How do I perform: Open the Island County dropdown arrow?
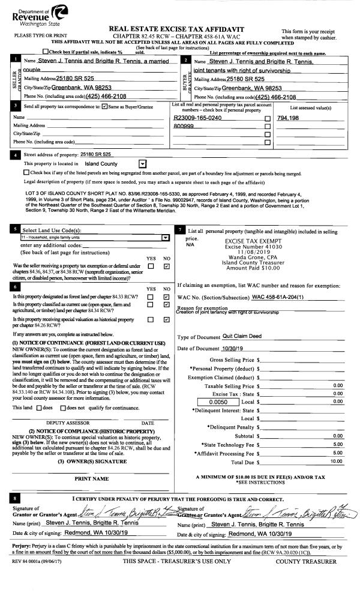point(142,163)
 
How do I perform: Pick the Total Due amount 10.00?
point(336,461)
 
